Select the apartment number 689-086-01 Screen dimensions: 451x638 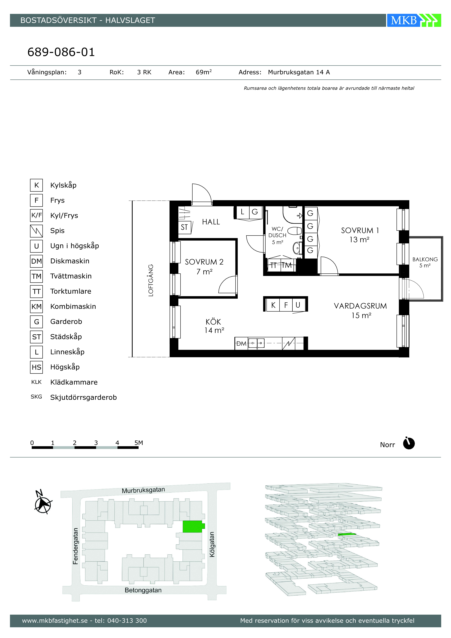click(x=61, y=52)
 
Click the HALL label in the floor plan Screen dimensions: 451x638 click(x=211, y=222)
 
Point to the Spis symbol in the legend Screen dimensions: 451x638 click(x=36, y=231)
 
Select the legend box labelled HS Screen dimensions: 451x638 click(x=36, y=367)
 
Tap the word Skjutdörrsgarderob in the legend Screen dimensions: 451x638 click(x=83, y=397)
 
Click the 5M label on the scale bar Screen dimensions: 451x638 click(x=139, y=443)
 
